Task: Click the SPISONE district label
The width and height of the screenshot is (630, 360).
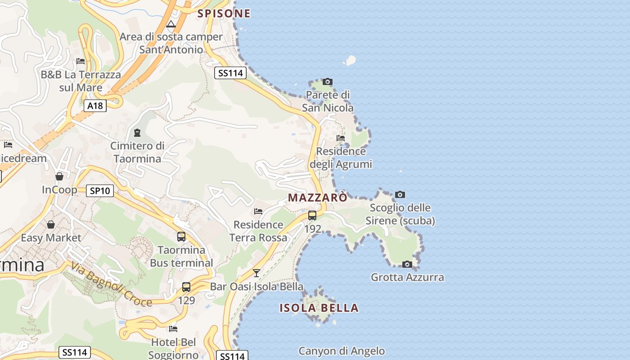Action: click(224, 13)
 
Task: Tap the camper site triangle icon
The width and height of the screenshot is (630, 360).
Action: click(171, 24)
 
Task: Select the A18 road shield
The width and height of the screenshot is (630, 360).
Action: click(95, 106)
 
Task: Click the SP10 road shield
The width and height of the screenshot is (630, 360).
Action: click(100, 191)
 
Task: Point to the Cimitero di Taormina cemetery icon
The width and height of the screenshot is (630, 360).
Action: click(137, 133)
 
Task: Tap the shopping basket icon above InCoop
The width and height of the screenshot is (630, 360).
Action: click(59, 176)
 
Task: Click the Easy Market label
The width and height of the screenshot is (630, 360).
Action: click(51, 238)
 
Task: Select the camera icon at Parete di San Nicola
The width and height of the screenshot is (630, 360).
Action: click(328, 82)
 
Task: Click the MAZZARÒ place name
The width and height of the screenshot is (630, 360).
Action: click(318, 198)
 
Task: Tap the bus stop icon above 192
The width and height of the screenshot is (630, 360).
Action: click(312, 216)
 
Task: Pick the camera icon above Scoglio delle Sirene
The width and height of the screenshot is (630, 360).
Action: click(400, 195)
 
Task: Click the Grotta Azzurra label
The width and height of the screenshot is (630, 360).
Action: click(407, 277)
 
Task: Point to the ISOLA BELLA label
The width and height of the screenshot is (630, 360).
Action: click(319, 308)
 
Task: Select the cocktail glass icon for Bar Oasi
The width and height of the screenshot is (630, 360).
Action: click(256, 273)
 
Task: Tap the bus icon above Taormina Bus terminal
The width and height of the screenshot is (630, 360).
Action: click(181, 237)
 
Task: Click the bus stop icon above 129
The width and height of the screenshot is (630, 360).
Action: click(186, 287)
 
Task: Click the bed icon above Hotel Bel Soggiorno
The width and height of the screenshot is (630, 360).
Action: click(173, 329)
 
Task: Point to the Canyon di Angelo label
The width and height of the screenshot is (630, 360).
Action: click(342, 351)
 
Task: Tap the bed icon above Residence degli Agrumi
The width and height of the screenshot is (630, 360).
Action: click(341, 138)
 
